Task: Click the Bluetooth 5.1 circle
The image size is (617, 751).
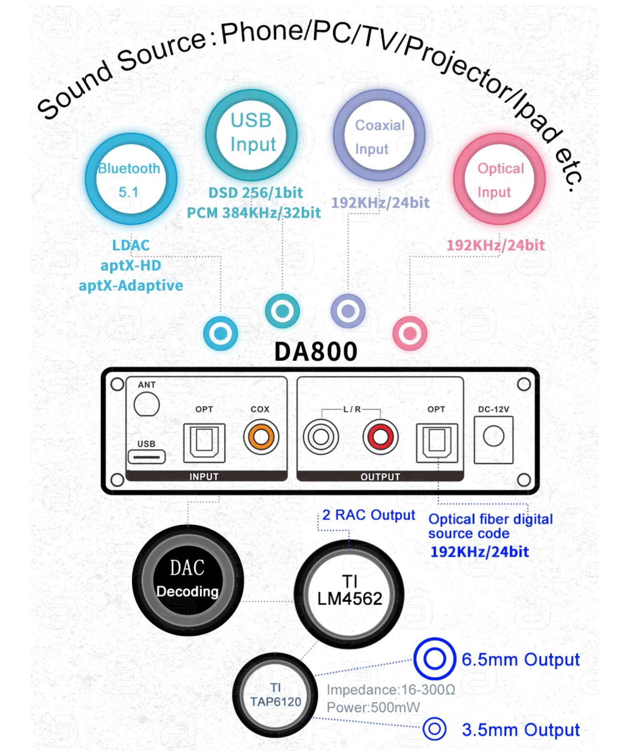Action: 131,179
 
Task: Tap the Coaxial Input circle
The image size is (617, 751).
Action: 379,135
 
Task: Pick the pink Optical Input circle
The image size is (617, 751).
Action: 500,179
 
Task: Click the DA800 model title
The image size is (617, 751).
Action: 316,352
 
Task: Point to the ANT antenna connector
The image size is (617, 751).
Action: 146,404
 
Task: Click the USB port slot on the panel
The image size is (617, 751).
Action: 146,457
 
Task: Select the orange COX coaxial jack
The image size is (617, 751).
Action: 261,437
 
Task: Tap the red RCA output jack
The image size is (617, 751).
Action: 380,437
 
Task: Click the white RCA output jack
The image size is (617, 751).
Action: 321,437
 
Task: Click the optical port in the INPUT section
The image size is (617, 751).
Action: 204,442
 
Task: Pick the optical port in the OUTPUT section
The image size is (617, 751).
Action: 437,442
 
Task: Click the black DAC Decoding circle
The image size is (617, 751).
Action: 188,580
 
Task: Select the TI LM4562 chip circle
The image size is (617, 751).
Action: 349,593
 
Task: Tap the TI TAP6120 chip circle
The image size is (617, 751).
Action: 275,695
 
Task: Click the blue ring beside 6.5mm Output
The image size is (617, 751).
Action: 435,659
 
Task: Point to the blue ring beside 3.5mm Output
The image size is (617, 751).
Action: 434,729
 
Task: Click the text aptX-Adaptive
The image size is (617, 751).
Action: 131,286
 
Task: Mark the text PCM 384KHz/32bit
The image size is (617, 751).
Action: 254,213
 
